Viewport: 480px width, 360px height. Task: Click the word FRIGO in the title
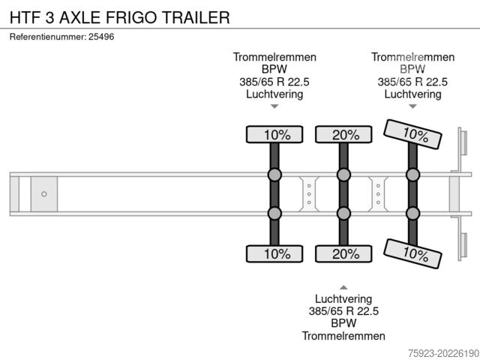coord(131,17)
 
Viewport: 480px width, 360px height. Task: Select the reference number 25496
coord(101,37)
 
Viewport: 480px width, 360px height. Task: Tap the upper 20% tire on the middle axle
coord(343,134)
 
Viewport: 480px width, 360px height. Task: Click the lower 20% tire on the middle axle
coord(343,253)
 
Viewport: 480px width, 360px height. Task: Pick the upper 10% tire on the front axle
coord(274,134)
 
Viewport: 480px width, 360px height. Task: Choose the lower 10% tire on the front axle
coord(274,253)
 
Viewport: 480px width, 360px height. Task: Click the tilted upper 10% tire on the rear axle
coord(412,134)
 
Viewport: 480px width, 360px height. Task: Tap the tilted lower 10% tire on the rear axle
coord(412,253)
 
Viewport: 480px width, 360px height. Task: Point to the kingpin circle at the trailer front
coord(44,194)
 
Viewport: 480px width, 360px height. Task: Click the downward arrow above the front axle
coord(274,106)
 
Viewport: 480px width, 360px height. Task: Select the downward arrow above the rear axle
coord(412,106)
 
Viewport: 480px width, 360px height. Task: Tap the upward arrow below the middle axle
coord(343,287)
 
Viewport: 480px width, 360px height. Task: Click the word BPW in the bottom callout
coord(343,323)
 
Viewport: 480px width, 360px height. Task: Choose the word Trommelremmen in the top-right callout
coord(412,57)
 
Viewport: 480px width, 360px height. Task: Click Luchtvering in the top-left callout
coord(274,94)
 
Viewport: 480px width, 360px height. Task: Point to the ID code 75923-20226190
coord(443,353)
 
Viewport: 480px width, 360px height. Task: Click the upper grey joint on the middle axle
coord(343,175)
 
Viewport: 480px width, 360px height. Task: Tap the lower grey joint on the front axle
coord(274,213)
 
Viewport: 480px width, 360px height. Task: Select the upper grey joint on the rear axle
coord(412,175)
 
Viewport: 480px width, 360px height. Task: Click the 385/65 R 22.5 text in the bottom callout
coord(343,311)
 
